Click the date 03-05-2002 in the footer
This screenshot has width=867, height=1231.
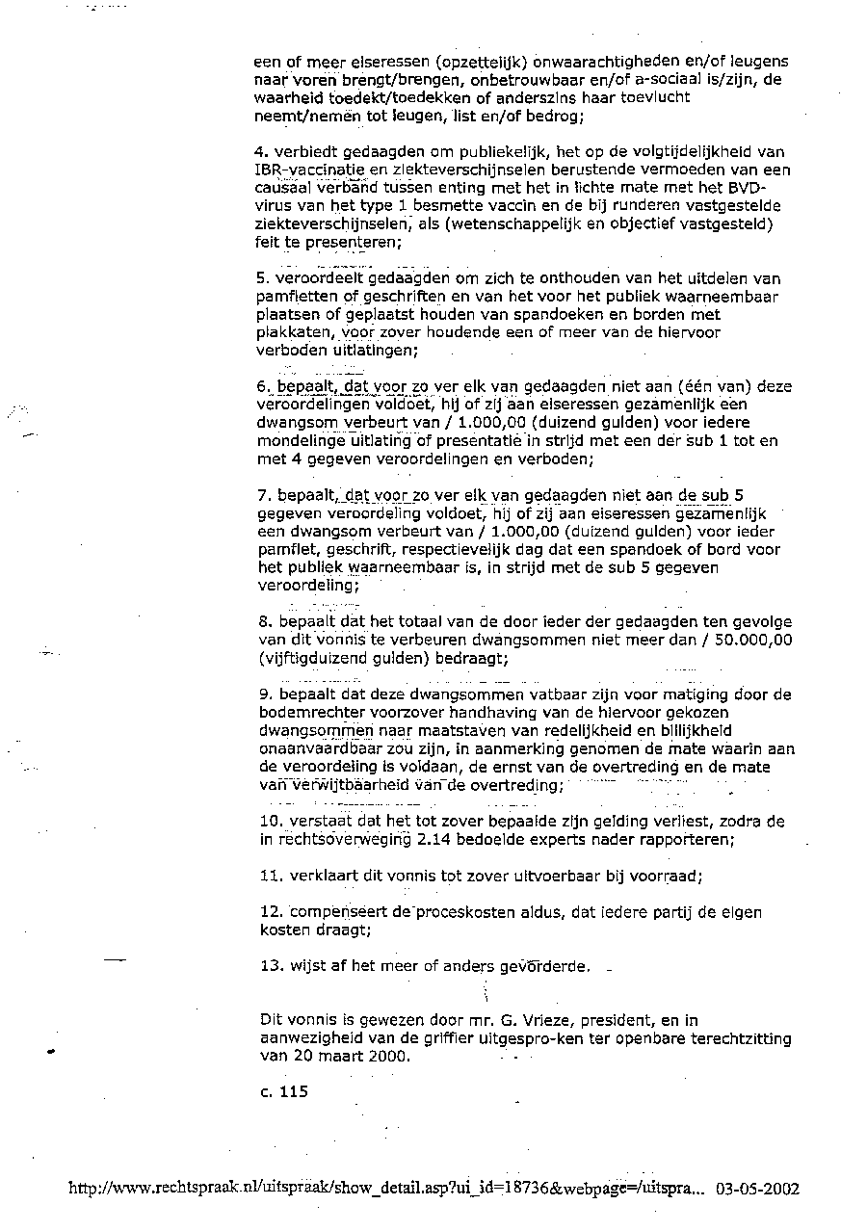[757, 1189]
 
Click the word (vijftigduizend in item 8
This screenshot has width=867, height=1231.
[314, 659]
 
